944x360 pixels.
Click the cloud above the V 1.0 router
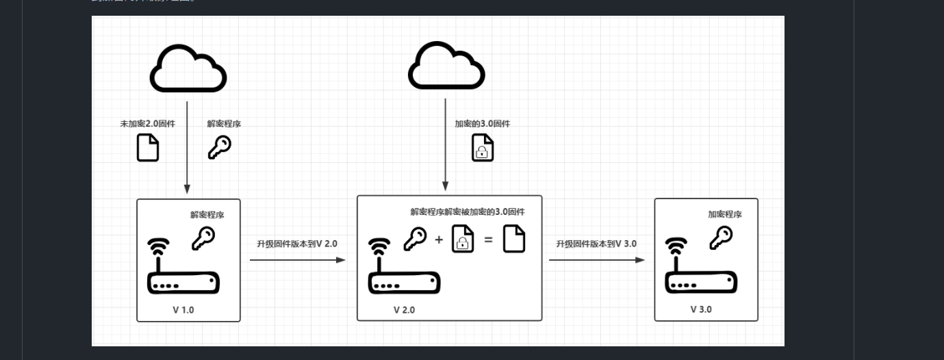pyautogui.click(x=188, y=68)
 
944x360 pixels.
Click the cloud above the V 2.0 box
pyautogui.click(x=446, y=66)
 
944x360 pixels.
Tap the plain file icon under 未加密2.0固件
pyautogui.click(x=148, y=148)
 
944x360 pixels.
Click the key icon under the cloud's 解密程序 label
pyautogui.click(x=219, y=147)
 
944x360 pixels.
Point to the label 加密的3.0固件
pyautogui.click(x=482, y=124)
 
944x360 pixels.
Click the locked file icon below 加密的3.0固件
pyautogui.click(x=483, y=148)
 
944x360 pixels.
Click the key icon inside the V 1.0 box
pyautogui.click(x=203, y=237)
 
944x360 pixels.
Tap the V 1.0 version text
pyautogui.click(x=183, y=309)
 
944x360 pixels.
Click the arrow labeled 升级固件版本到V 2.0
pyautogui.click(x=297, y=260)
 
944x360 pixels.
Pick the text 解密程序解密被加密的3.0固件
pyautogui.click(x=468, y=212)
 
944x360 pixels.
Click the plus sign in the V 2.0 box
pyautogui.click(x=439, y=240)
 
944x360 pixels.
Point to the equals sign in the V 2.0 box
pyautogui.click(x=488, y=240)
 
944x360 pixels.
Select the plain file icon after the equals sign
pyautogui.click(x=514, y=239)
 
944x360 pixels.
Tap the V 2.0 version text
pyautogui.click(x=404, y=309)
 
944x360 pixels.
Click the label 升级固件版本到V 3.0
pyautogui.click(x=596, y=244)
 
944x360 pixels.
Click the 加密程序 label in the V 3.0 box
pyautogui.click(x=725, y=214)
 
